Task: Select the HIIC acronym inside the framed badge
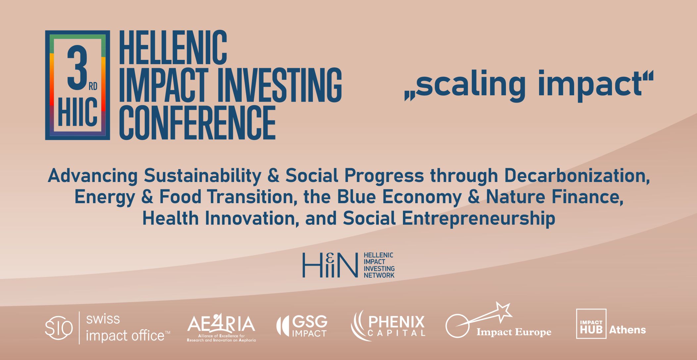click(78, 113)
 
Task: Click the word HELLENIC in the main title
click(173, 48)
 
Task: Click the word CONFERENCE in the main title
click(197, 122)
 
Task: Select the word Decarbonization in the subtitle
click(576, 176)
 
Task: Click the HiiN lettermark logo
click(330, 265)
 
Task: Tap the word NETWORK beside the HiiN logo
click(379, 275)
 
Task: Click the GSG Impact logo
click(302, 326)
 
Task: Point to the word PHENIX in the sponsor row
click(396, 322)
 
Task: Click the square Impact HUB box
click(591, 324)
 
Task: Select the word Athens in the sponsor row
click(627, 330)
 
